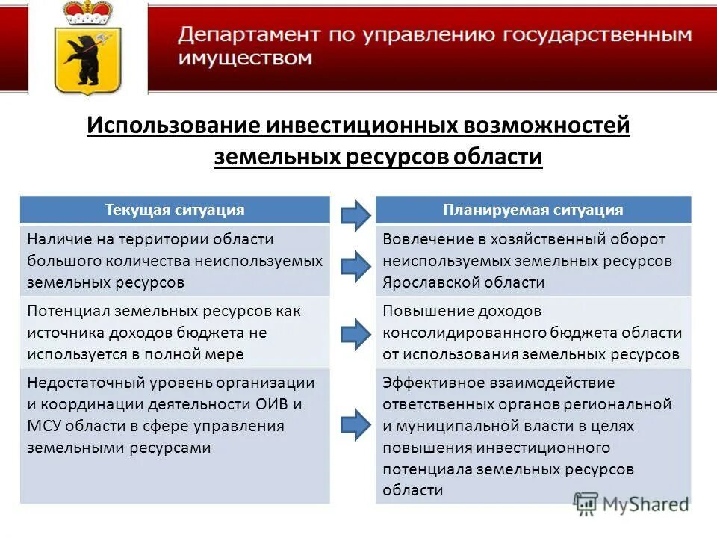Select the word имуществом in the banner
point(244,58)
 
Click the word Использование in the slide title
point(171,125)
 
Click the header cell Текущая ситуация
point(175,210)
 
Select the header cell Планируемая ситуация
point(533,210)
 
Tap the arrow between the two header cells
point(355,214)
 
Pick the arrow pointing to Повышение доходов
point(355,332)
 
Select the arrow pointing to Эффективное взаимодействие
point(355,424)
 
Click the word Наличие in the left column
point(58,239)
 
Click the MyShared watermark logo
point(630,503)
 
